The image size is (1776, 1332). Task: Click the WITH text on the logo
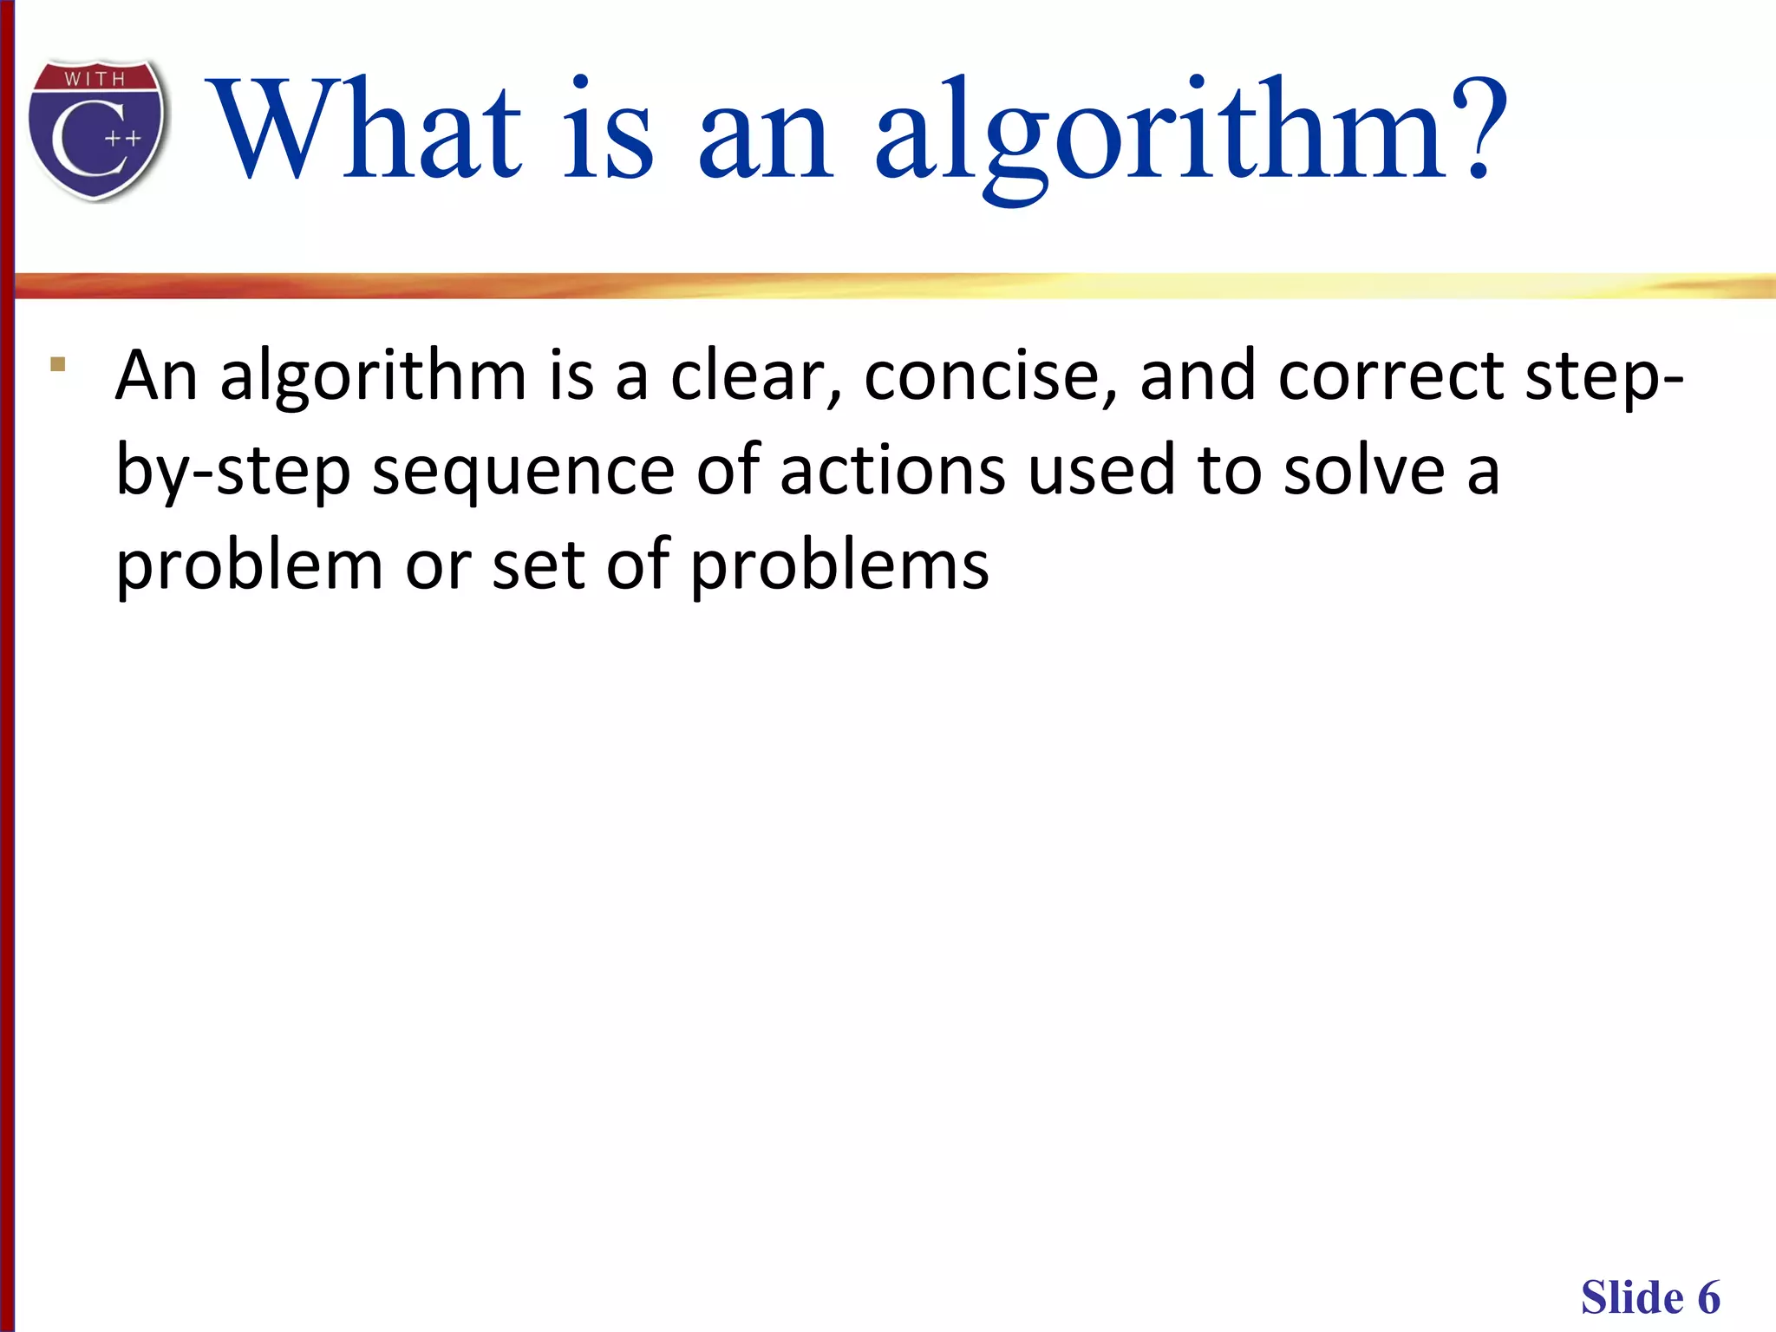click(95, 79)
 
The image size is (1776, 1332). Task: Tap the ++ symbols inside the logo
click(123, 139)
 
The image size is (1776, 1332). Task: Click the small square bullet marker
click(58, 364)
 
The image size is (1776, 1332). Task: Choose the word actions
click(892, 471)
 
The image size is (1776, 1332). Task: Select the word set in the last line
click(539, 565)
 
